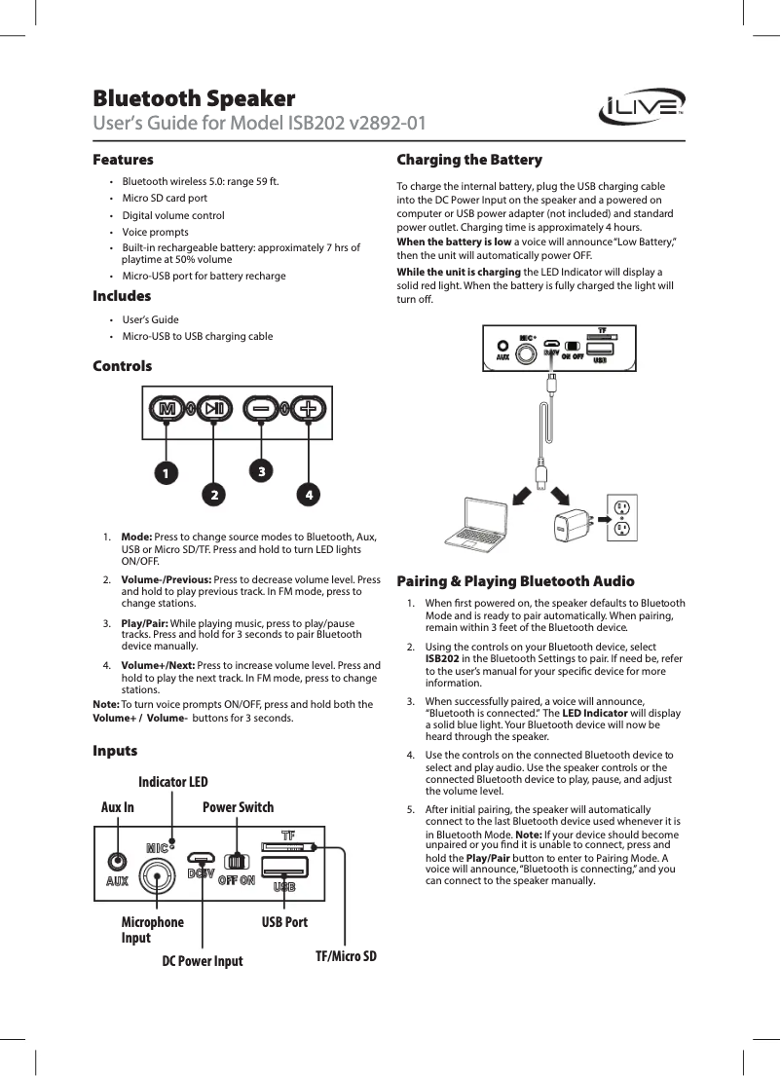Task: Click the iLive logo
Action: pyautogui.click(x=638, y=104)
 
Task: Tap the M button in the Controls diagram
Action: pyautogui.click(x=167, y=409)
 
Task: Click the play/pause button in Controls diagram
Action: pyautogui.click(x=214, y=409)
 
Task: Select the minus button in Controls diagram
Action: pyautogui.click(x=261, y=409)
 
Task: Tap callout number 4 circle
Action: pyautogui.click(x=308, y=494)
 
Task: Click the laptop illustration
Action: pyautogui.click(x=478, y=521)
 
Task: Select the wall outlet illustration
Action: pyautogui.click(x=620, y=518)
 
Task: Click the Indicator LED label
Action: pyautogui.click(x=172, y=782)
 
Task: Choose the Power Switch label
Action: pyautogui.click(x=238, y=807)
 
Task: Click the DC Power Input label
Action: pyautogui.click(x=202, y=961)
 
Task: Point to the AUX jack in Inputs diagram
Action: pyautogui.click(x=118, y=863)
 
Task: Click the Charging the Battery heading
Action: pyautogui.click(x=469, y=160)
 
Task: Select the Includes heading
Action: pyautogui.click(x=122, y=296)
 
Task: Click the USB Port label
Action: pyautogui.click(x=284, y=921)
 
